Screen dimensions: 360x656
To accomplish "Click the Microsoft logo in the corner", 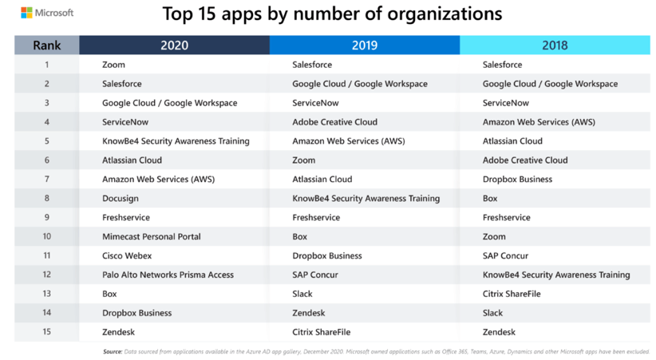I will tap(47, 13).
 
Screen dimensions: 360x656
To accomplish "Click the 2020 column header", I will tap(174, 45).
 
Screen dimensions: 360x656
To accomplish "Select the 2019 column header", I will tap(364, 45).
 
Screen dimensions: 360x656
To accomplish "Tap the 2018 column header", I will tap(555, 45).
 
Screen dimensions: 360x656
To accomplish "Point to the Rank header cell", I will tap(46, 45).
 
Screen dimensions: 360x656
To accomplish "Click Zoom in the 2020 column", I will tap(113, 65).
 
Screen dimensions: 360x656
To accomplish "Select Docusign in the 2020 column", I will tap(120, 198).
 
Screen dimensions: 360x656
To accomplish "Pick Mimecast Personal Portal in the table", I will tap(151, 236).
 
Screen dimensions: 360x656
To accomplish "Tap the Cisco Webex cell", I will tap(126, 255).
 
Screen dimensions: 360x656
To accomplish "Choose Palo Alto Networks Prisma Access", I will tap(168, 275).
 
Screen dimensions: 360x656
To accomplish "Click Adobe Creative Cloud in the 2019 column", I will tap(334, 122).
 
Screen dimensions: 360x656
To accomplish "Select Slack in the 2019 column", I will tap(302, 294).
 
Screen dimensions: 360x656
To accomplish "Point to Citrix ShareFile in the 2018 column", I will tap(512, 294).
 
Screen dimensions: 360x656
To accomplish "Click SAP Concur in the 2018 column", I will tap(505, 255).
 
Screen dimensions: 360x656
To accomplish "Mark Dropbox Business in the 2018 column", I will tap(517, 179).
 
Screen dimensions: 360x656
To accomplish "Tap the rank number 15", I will tap(46, 332).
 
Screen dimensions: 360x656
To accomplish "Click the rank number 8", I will tap(46, 198).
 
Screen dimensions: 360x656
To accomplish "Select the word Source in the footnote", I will tap(113, 351).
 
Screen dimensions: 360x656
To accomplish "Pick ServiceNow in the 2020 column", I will tap(125, 122).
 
